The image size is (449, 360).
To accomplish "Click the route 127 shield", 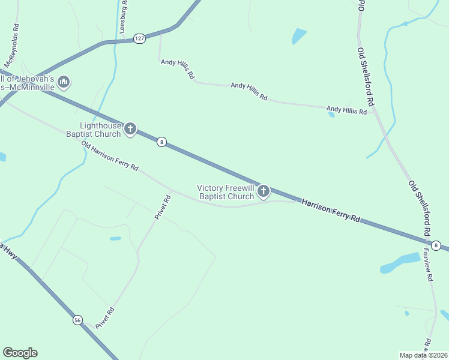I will click(139, 38).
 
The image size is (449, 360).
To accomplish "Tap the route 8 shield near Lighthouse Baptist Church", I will click(161, 142).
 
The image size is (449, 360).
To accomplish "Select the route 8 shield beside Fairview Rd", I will click(436, 245).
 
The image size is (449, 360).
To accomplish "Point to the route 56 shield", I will click(77, 320).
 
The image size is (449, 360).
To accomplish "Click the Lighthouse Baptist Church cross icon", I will click(130, 128).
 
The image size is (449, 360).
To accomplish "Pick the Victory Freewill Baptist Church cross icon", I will click(263, 191).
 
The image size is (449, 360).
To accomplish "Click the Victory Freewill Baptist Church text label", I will click(226, 192).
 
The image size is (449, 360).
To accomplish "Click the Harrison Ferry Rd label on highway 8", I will click(331, 211).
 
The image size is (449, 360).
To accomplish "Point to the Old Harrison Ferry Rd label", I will click(110, 155).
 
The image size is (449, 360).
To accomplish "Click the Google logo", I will click(20, 353).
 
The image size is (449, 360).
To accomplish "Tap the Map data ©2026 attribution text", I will click(423, 355).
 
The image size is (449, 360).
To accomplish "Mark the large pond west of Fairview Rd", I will click(400, 263).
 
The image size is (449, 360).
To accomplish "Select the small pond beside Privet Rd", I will click(115, 238).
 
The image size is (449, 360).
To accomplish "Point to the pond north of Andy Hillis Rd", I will click(299, 36).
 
